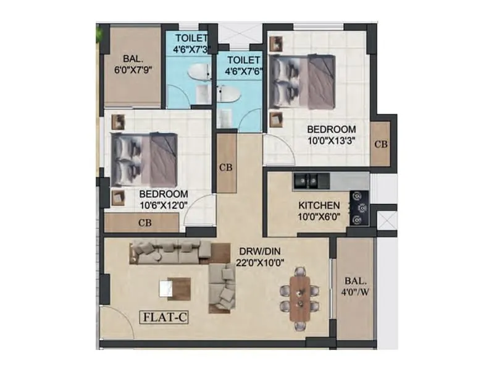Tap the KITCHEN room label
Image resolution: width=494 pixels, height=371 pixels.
[319, 205]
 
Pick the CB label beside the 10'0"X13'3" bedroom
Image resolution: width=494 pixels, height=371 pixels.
[381, 144]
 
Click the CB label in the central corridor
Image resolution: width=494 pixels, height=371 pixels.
[226, 166]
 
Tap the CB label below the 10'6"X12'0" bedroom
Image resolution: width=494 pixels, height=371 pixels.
[145, 223]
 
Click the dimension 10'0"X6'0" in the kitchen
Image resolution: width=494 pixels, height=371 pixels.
[319, 216]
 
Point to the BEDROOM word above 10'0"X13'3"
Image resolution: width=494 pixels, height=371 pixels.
[332, 129]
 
